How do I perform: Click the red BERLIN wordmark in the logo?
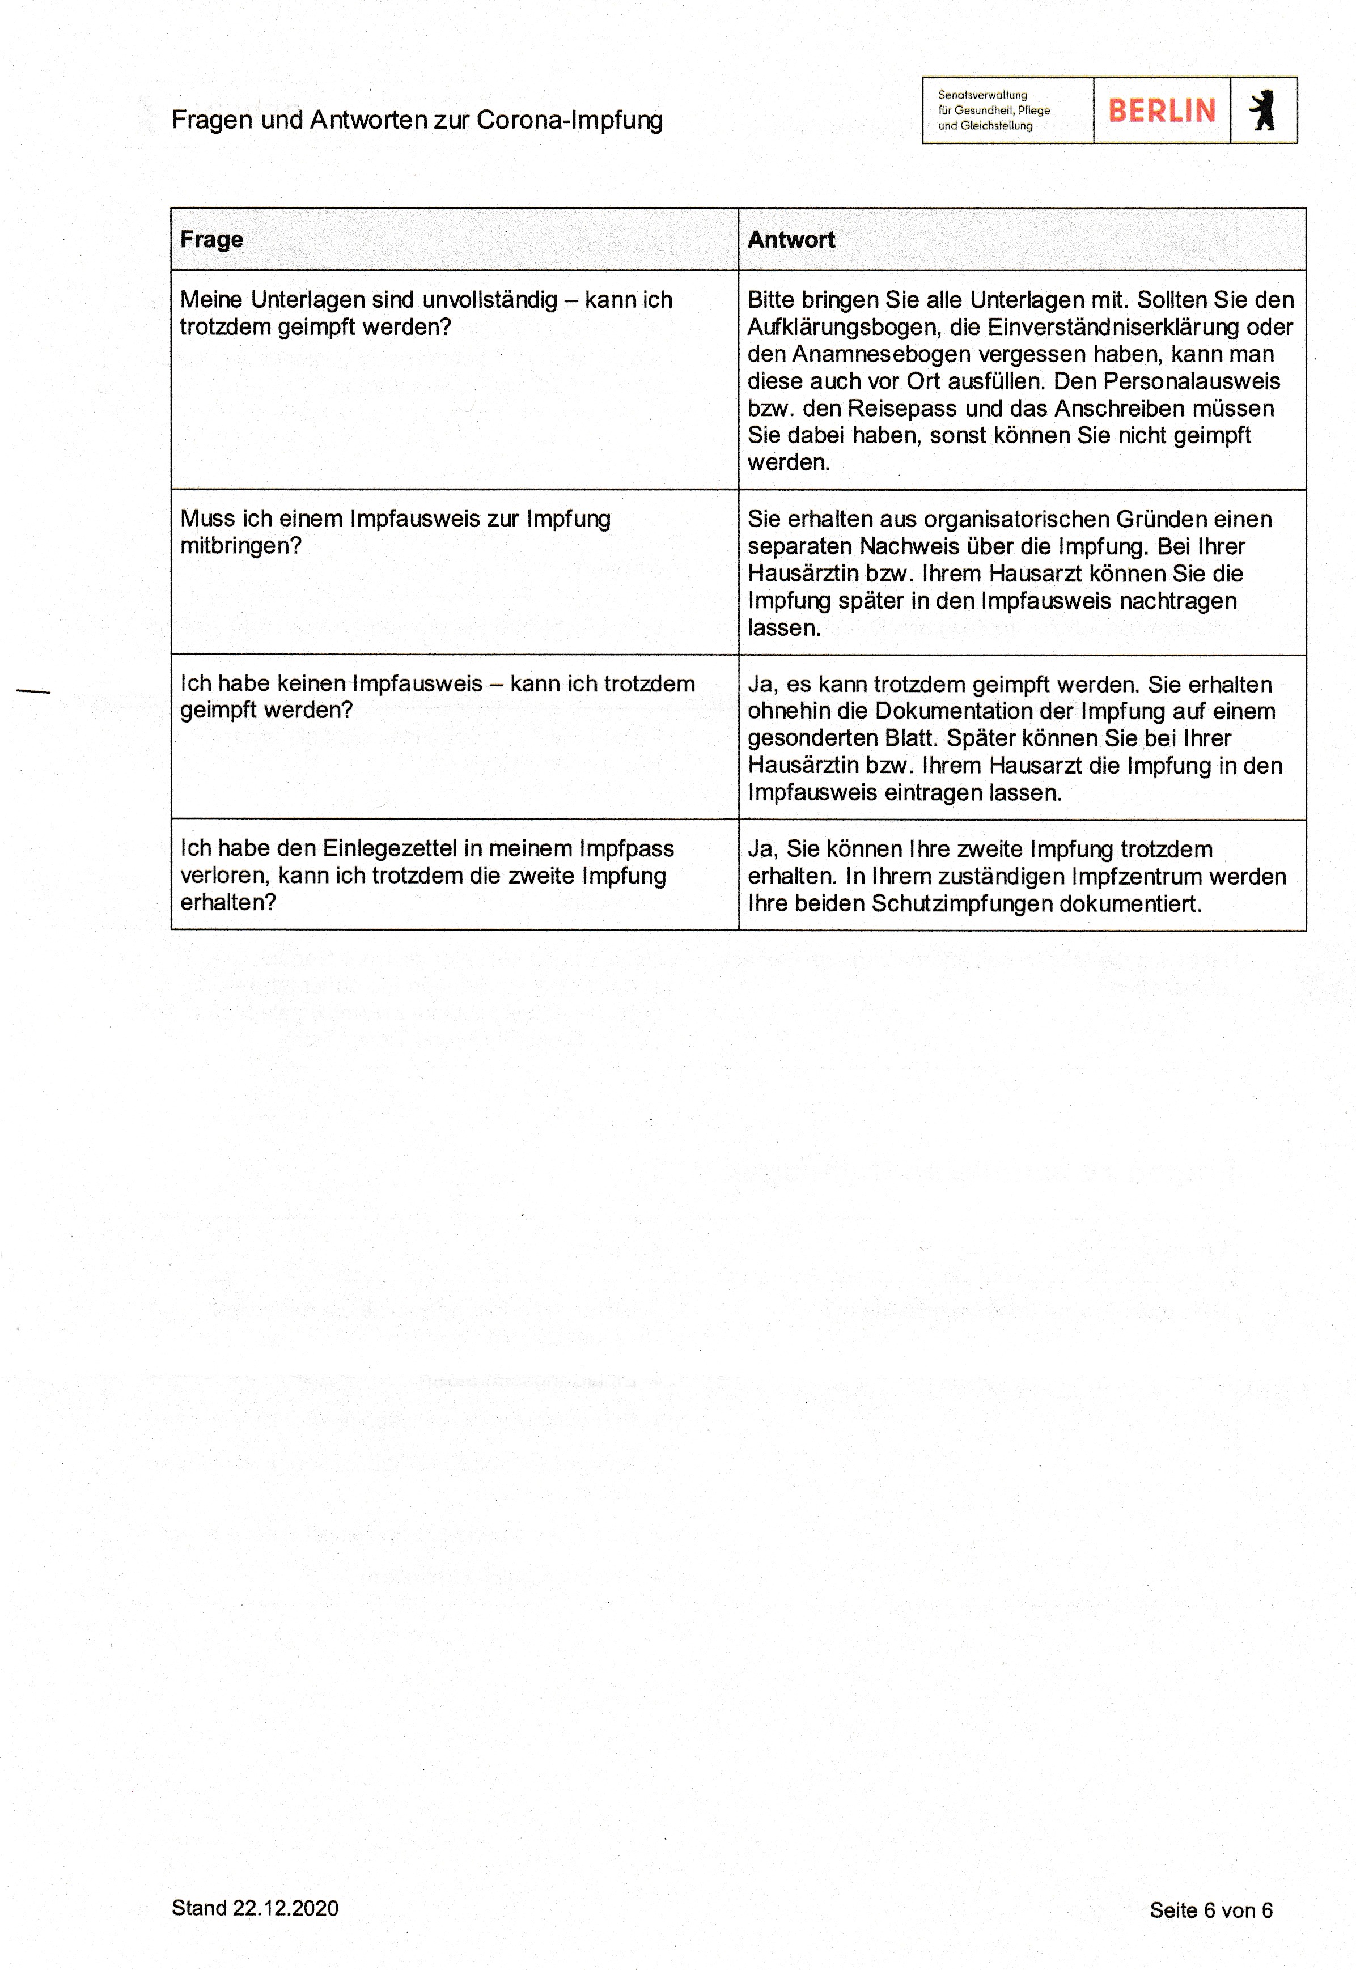[1162, 111]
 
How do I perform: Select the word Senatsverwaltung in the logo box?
[982, 95]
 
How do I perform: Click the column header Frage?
[211, 240]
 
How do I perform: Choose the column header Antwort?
[791, 240]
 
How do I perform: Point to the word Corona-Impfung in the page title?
[569, 120]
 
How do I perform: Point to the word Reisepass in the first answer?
[903, 409]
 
